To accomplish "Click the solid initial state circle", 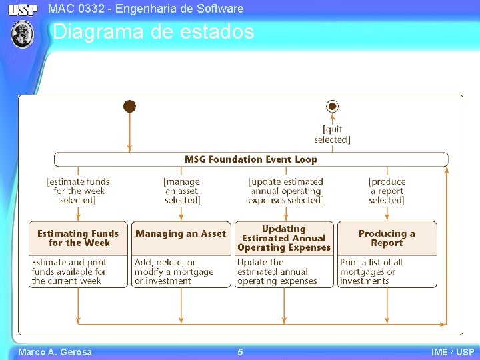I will pos(130,107).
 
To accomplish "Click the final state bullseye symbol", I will pos(332,107).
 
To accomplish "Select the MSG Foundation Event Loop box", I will pos(251,159).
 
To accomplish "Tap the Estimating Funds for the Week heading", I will pos(78,238).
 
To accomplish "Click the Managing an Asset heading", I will pos(181,234).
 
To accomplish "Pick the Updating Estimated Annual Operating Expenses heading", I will pos(284,238).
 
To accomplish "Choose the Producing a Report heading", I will pos(387,238).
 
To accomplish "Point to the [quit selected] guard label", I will pos(332,135).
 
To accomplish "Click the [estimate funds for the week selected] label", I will pos(78,191).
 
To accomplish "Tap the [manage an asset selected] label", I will pos(181,191).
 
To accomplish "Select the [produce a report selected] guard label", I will pos(387,191).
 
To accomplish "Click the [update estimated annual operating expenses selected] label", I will pos(285,191).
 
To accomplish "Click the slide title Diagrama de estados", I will pos(153,32).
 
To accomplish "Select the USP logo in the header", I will pos(22,9).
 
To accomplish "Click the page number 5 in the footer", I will pos(240,352).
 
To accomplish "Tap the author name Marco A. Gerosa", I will pos(55,352).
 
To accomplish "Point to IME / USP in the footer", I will pos(453,352).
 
